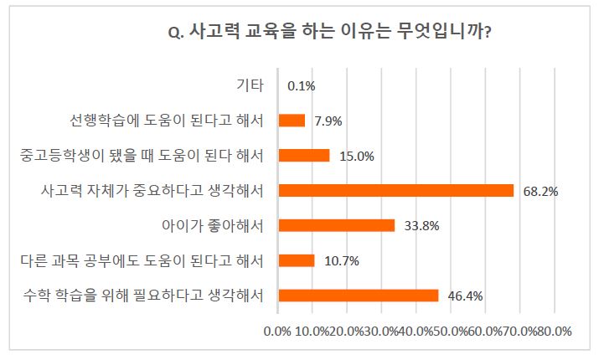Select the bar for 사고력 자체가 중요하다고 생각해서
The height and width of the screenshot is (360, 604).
395,190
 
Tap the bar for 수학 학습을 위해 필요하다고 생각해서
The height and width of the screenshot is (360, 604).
358,295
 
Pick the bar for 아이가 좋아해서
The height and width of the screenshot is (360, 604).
336,225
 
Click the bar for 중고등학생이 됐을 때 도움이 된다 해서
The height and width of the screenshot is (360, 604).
303,155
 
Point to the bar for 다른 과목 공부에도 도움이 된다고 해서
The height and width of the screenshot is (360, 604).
296,260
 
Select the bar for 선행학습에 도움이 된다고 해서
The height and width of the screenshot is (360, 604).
292,121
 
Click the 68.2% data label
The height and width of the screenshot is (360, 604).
540,191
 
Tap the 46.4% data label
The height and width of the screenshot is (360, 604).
465,296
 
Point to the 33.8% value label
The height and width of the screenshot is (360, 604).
421,226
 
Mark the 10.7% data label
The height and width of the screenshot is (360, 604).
341,261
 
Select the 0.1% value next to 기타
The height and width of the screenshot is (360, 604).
301,85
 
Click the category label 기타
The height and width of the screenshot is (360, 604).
251,85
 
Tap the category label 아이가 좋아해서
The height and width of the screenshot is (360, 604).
214,225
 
